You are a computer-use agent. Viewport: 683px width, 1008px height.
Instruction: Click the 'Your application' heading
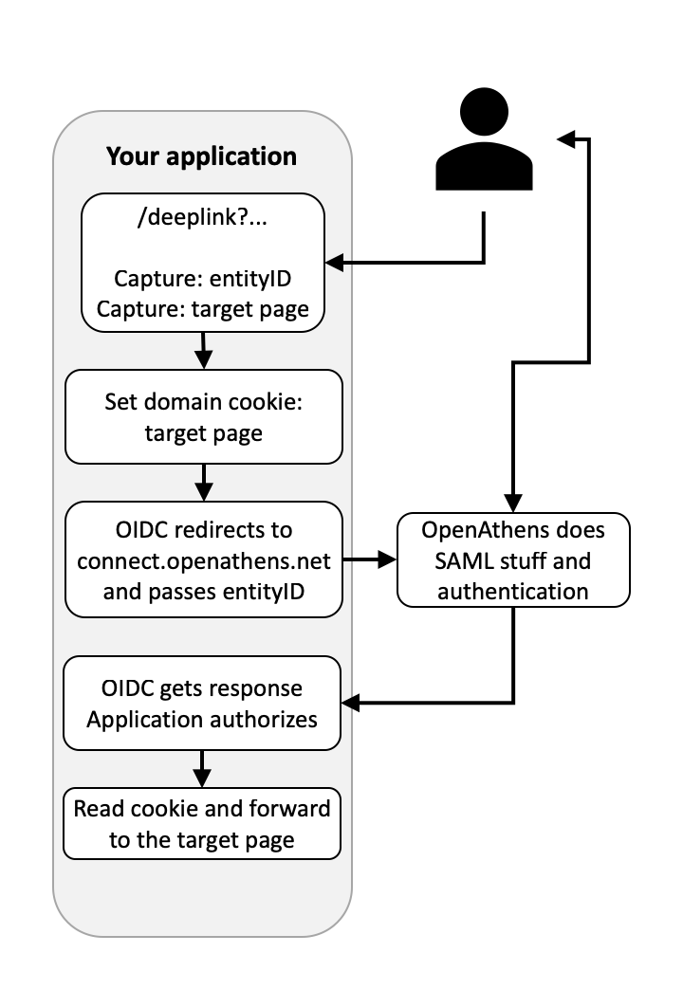click(x=201, y=156)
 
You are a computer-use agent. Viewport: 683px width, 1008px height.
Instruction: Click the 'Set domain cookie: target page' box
click(x=202, y=416)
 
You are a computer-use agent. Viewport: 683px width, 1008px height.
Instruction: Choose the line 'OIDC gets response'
click(x=202, y=689)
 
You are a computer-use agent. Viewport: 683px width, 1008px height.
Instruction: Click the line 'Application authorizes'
click(x=202, y=718)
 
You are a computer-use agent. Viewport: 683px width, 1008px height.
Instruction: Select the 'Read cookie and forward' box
click(x=202, y=822)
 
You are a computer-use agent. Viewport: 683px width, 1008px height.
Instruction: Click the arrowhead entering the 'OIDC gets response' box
click(x=349, y=703)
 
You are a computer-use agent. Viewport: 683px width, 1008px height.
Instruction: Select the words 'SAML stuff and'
click(x=513, y=559)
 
